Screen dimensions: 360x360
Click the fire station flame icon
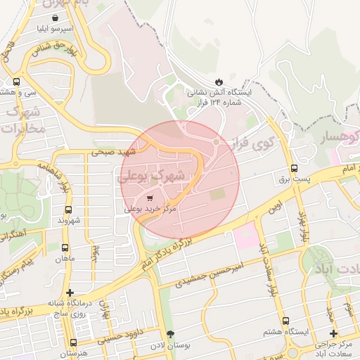[218, 82]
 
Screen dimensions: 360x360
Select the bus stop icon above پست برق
[294, 168]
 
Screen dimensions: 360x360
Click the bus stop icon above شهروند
[69, 210]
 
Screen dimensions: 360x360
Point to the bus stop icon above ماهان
[65, 247]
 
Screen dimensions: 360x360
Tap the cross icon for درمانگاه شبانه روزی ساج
[69, 292]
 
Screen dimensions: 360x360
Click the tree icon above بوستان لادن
[169, 334]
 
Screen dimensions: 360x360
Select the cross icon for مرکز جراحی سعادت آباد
[333, 333]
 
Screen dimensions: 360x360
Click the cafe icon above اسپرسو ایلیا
[55, 19]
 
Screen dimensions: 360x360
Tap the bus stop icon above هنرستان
[74, 342]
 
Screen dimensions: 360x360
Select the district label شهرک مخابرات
[24, 121]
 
